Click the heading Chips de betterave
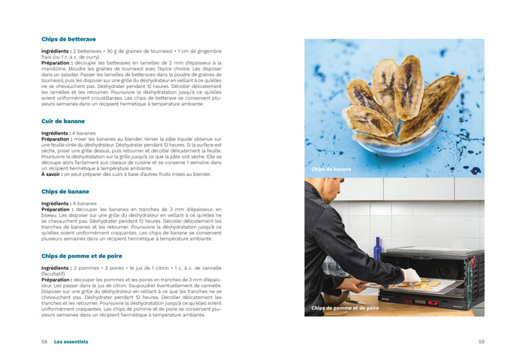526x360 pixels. click(68, 39)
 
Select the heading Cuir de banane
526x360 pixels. click(63, 121)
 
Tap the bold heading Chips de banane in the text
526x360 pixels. click(65, 192)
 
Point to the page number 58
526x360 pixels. click(44, 341)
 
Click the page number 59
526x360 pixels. click(481, 341)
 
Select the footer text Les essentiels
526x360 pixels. click(71, 341)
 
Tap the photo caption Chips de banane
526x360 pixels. click(331, 169)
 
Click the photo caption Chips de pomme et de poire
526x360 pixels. click(346, 308)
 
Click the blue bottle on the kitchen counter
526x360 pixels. click(378, 249)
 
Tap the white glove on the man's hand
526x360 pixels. click(411, 276)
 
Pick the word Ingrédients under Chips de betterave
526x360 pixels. click(56, 51)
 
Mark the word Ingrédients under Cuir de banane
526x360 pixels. click(56, 133)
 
